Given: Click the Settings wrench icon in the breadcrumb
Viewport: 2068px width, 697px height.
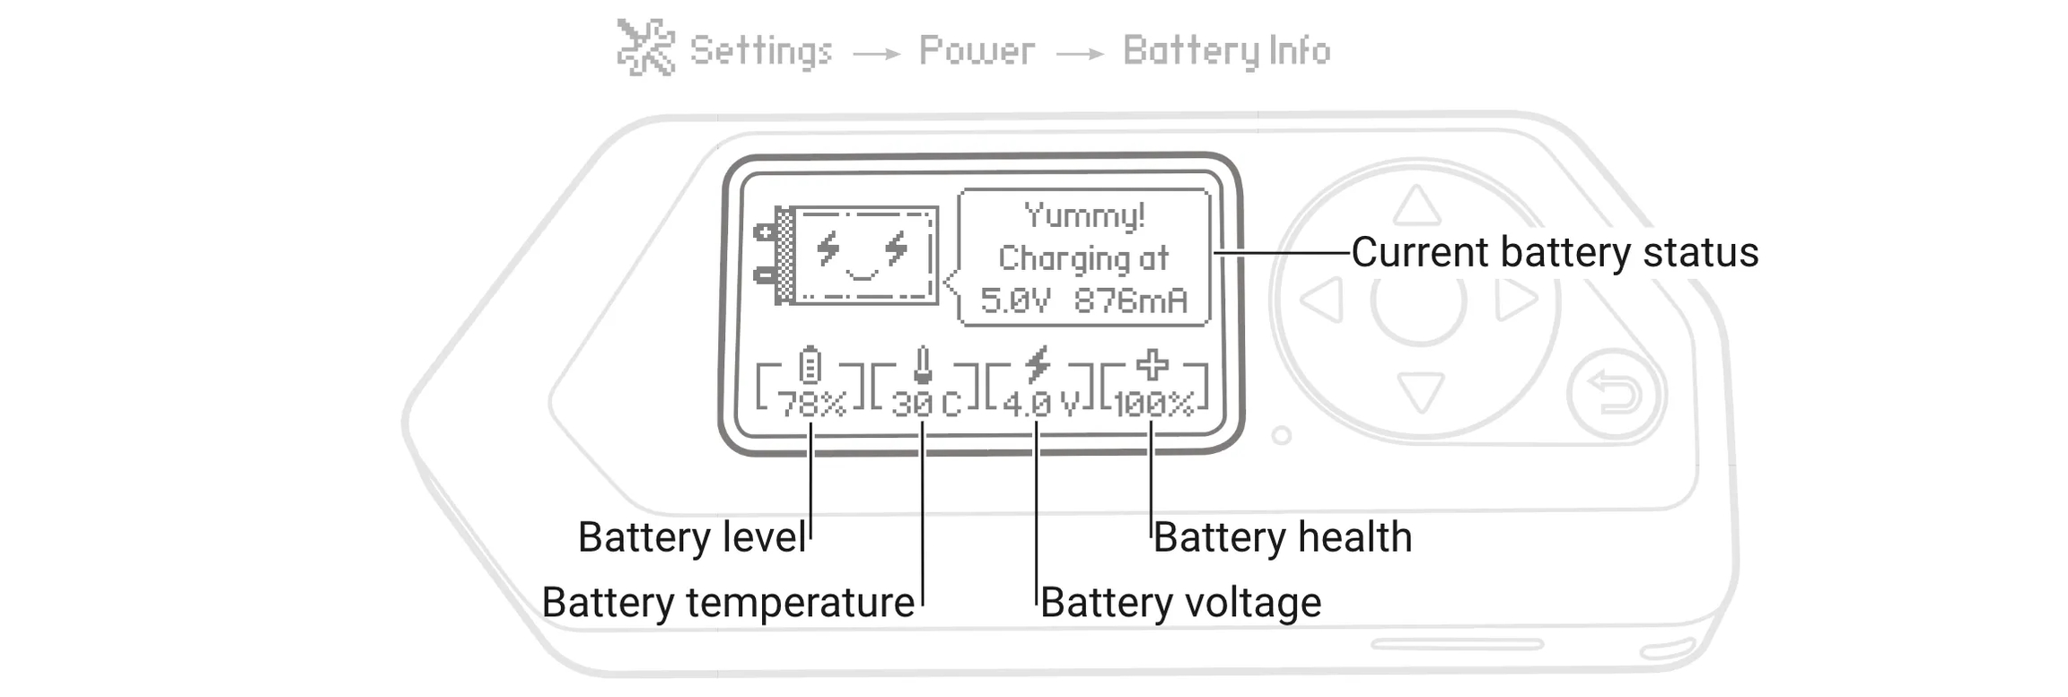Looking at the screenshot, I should point(645,48).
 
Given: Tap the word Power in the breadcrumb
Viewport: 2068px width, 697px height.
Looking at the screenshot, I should point(977,51).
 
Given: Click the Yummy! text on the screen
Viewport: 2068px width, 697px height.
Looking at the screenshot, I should point(1084,215).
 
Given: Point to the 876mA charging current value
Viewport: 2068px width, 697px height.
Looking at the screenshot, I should point(1131,301).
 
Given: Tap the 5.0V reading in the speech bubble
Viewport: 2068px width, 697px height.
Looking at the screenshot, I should point(1014,301).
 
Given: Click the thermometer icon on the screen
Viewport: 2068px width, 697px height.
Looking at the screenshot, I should point(923,365).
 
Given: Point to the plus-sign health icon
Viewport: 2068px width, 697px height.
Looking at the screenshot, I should point(1152,365).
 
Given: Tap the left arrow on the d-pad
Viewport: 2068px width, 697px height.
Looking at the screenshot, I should point(1323,300).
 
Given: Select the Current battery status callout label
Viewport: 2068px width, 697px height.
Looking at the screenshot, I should point(1554,252).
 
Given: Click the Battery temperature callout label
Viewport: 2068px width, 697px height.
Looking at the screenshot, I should point(728,602).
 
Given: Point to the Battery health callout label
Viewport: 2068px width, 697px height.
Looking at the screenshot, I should point(1282,537).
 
